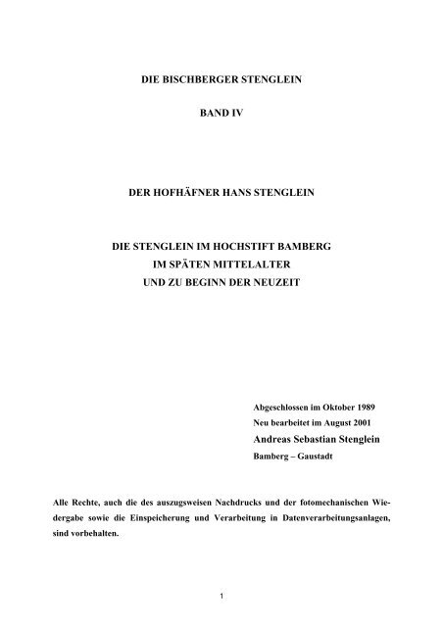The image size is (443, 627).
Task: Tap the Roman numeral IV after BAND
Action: point(250,115)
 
